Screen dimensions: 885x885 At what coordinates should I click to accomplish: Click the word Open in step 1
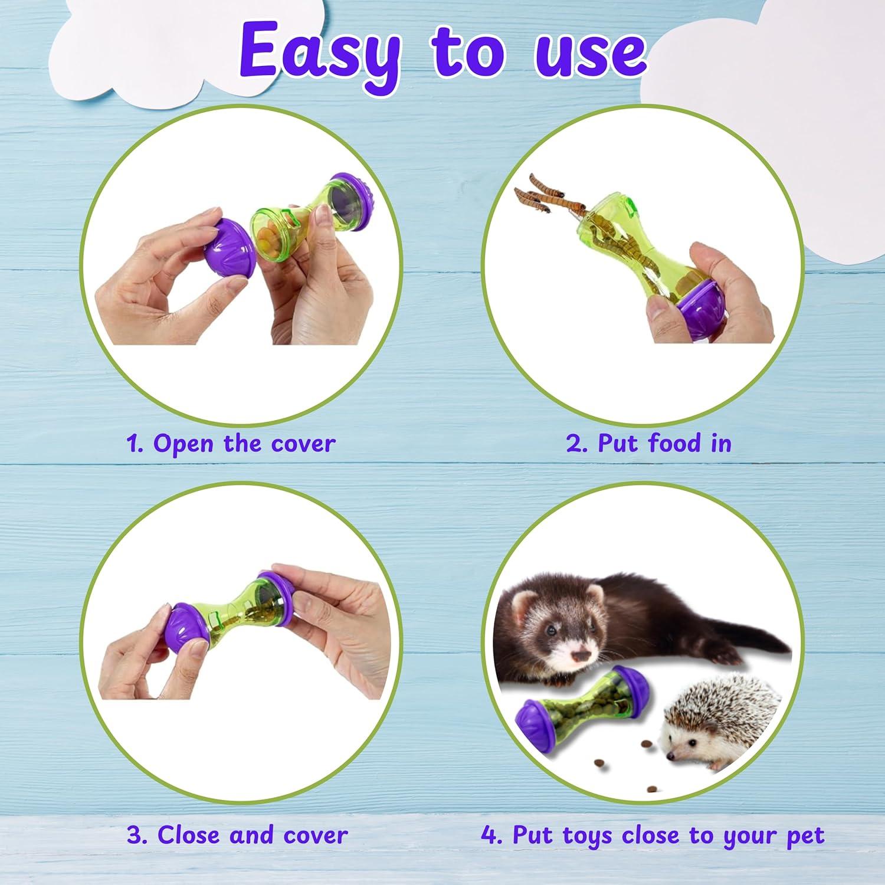coord(184,444)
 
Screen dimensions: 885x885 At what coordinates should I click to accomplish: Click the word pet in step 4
coord(805,837)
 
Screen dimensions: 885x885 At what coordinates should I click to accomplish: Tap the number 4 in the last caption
coord(489,835)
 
